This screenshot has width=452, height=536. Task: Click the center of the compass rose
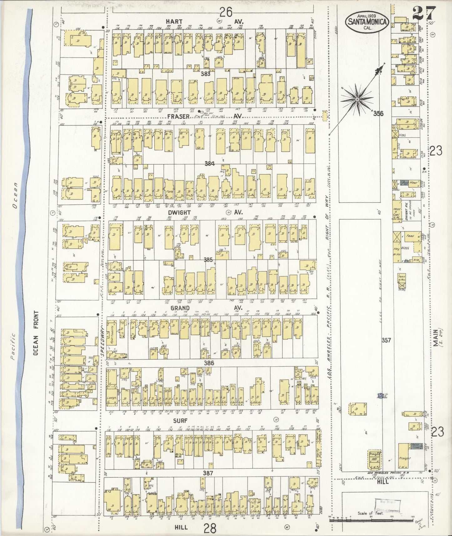tap(357, 99)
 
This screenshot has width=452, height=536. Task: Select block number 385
tap(208, 259)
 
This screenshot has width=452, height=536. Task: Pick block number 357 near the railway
tap(386, 340)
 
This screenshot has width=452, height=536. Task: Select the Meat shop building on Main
tap(412, 183)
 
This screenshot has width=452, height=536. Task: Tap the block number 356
tap(378, 114)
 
